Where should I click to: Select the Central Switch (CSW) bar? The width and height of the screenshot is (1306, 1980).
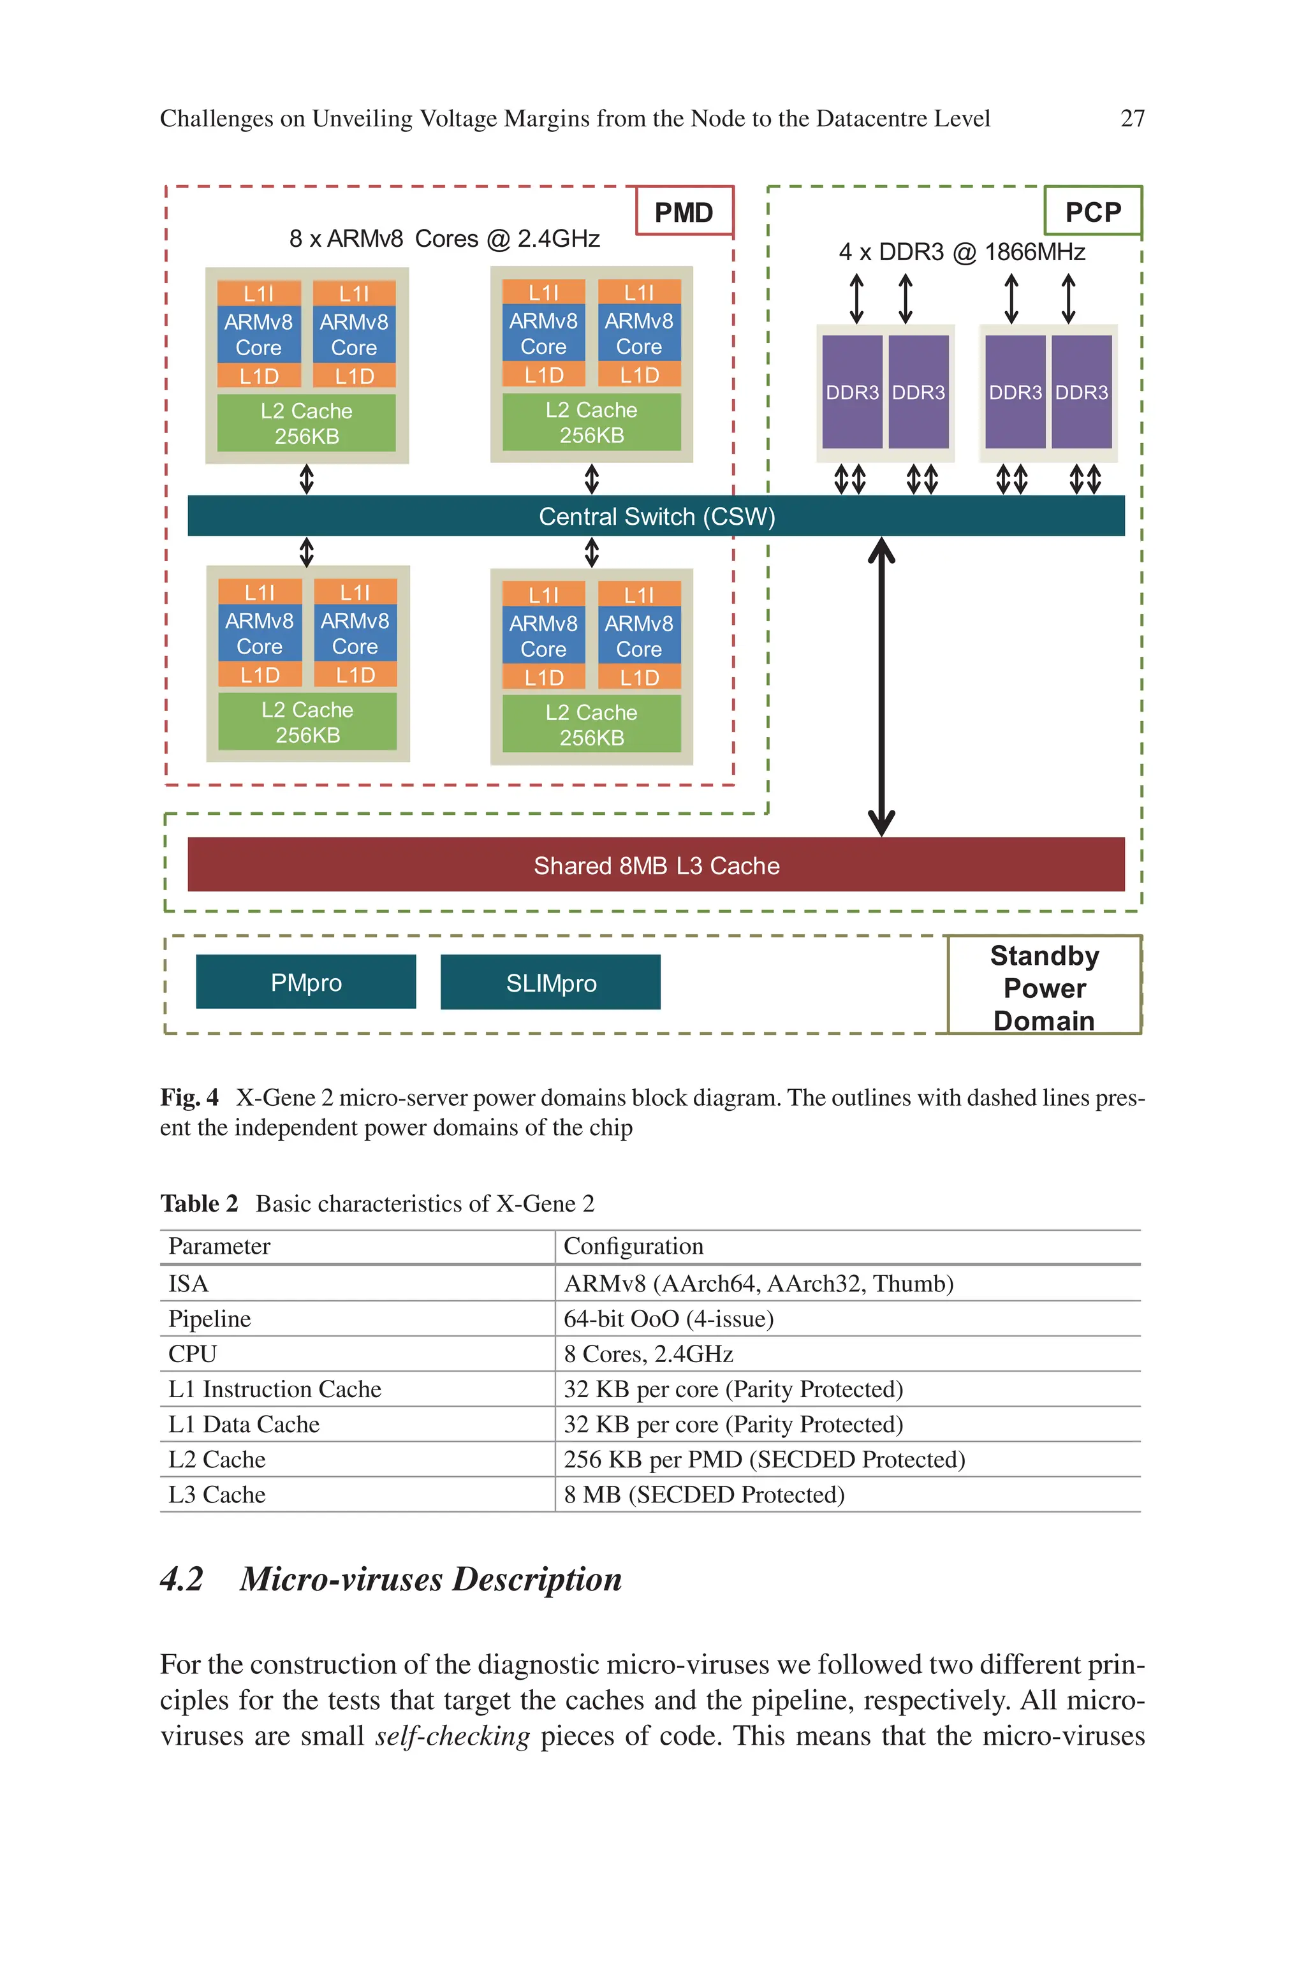(x=656, y=517)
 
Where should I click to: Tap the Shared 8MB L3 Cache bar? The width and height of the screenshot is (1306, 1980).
(x=656, y=865)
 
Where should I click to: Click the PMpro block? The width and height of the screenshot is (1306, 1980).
(x=305, y=983)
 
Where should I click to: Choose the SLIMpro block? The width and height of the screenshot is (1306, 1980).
(x=550, y=983)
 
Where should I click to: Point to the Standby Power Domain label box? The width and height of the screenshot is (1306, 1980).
(x=1044, y=986)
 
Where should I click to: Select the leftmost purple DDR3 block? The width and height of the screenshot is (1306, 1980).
(x=851, y=392)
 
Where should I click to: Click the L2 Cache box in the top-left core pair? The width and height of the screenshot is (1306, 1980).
(x=307, y=423)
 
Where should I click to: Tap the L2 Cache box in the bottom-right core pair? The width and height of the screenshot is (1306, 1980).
(x=591, y=724)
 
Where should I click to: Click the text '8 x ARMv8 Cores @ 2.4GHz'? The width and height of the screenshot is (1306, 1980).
(x=444, y=239)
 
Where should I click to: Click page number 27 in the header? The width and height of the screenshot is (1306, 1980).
(x=1132, y=119)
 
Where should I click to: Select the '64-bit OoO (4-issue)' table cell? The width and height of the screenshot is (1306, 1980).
(x=669, y=1318)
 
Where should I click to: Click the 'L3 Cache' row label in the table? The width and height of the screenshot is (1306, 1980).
(x=217, y=1495)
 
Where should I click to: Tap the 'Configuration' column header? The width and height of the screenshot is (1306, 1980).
(x=633, y=1245)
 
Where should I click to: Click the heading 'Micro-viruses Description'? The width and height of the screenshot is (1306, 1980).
(x=430, y=1580)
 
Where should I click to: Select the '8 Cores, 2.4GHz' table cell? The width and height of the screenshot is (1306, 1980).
(x=648, y=1354)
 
